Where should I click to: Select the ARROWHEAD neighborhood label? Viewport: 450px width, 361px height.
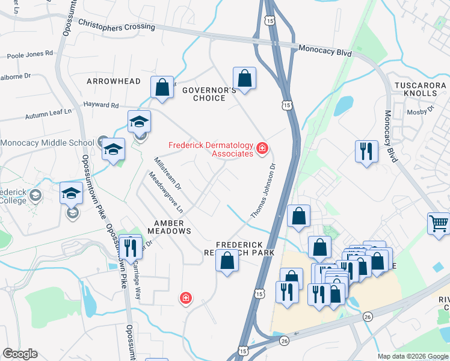point(114,81)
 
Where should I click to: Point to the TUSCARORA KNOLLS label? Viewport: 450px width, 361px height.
point(416,90)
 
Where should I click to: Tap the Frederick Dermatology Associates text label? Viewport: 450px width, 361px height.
point(211,149)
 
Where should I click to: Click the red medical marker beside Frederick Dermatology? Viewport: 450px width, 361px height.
point(262,148)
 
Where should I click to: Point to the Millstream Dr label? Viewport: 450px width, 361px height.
point(167,174)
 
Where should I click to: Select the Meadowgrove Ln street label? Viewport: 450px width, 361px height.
point(165,194)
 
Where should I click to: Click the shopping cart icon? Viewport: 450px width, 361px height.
point(439,223)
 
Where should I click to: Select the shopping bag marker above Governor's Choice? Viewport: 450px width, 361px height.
point(244,78)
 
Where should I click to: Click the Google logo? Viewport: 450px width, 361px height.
point(20,354)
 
